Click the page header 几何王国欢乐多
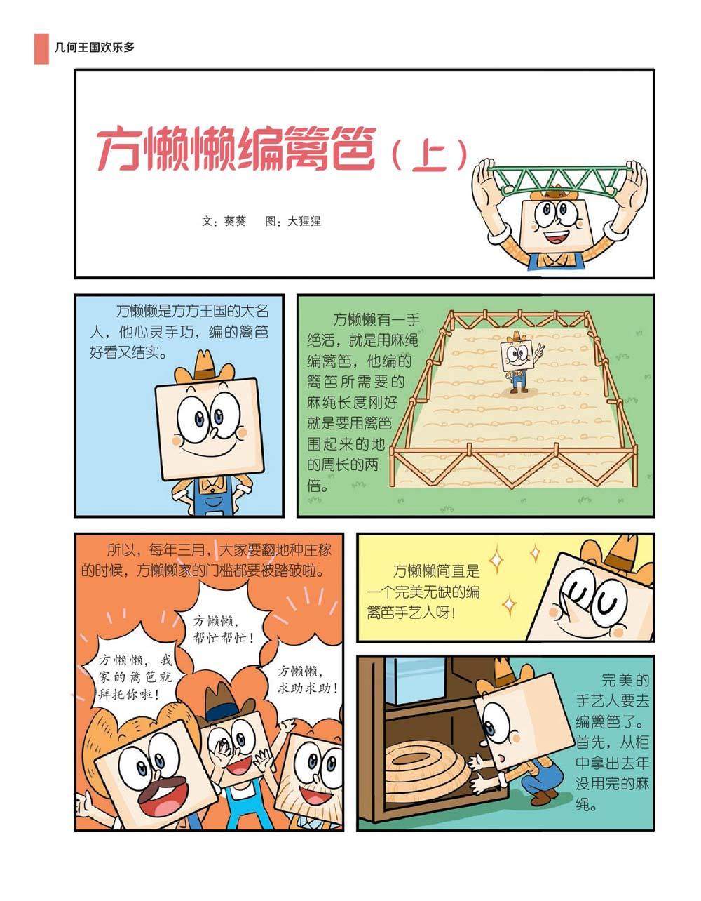pos(95,47)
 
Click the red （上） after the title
pos(429,154)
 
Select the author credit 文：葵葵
pos(224,221)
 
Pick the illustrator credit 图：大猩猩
pos(293,221)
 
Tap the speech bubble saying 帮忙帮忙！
pos(224,629)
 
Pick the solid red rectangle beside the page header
pos(41,48)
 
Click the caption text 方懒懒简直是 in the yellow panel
pos(436,571)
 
